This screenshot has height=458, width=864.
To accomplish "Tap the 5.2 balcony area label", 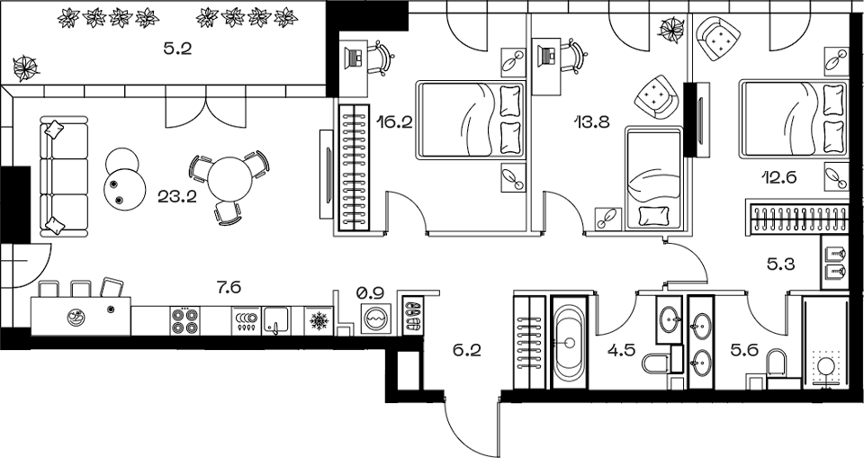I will pos(177,50).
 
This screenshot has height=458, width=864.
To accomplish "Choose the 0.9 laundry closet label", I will pos(370,292).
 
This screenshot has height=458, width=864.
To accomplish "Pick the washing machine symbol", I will pos(375,319).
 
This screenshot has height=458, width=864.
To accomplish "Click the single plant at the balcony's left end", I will pos(25,67).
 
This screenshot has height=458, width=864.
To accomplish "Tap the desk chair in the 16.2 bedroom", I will pos(384,56).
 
